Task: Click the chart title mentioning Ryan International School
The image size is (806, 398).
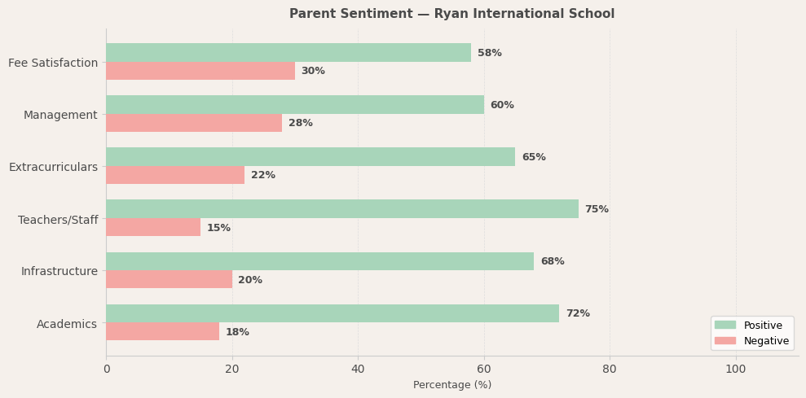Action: [x=451, y=14]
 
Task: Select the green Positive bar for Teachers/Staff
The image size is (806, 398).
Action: [x=342, y=209]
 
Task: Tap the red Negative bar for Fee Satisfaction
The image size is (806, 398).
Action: [x=200, y=71]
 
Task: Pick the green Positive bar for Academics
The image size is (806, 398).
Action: [x=333, y=313]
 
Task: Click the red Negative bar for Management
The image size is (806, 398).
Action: [x=194, y=123]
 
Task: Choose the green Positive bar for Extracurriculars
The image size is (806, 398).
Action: [x=311, y=157]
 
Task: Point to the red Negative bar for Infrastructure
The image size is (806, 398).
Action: [x=169, y=279]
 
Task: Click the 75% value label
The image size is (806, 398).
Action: [x=597, y=209]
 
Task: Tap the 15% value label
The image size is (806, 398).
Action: [x=218, y=228]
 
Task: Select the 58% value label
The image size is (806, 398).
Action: [x=490, y=53]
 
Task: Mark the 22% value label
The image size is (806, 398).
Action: [x=263, y=175]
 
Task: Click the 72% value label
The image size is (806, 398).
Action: [x=578, y=313]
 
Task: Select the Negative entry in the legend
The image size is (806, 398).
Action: [x=765, y=341]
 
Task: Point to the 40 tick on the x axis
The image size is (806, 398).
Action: [x=358, y=369]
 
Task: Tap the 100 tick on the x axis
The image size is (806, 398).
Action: [x=736, y=369]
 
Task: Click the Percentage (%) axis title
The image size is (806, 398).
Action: [x=452, y=385]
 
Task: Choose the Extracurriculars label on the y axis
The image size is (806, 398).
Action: [x=53, y=167]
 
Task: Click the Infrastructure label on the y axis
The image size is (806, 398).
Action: [x=59, y=271]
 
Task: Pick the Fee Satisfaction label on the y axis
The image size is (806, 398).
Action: [x=53, y=63]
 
